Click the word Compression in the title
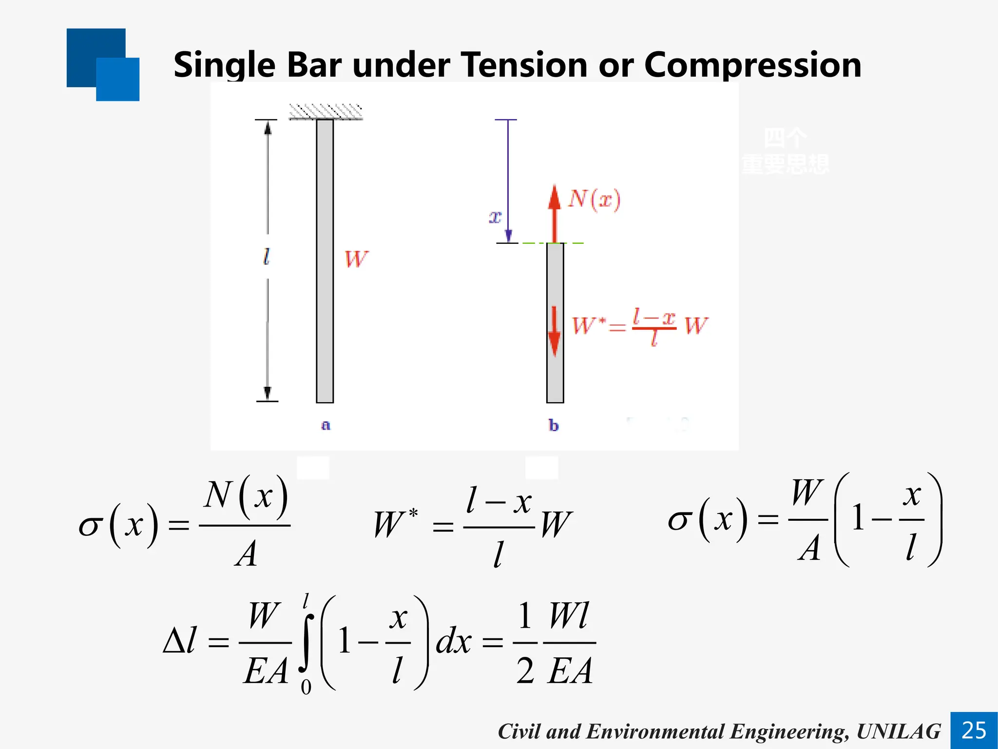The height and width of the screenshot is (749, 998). [752, 65]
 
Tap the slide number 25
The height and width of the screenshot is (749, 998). [974, 730]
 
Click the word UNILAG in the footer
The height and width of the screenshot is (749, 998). [898, 731]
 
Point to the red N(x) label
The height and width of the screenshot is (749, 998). [594, 199]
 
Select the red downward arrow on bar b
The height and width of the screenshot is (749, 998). [554, 332]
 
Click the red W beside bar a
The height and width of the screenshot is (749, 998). [356, 259]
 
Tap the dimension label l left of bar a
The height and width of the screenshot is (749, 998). [266, 256]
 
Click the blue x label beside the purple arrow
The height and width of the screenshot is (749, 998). [495, 217]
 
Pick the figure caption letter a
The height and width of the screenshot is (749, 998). [326, 425]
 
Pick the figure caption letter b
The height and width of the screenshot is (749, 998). [553, 426]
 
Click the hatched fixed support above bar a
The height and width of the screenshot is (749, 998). [326, 112]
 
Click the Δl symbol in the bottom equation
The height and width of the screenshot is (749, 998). [179, 640]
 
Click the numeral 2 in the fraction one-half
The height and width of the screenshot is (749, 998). [525, 670]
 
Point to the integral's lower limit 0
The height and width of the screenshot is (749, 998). [306, 687]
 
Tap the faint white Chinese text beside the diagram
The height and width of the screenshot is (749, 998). [785, 151]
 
